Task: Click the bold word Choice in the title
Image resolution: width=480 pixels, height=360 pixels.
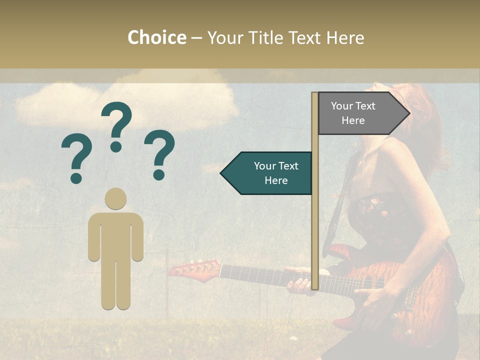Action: pos(156,37)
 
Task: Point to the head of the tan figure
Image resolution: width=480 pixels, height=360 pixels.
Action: pos(115,199)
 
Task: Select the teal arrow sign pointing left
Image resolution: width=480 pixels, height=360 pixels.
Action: pos(267,173)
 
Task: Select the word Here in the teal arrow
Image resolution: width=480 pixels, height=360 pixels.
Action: pos(276,180)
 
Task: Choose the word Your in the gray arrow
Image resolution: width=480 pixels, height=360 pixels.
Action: pos(342,105)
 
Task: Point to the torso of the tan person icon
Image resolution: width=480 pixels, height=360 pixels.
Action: pos(115,235)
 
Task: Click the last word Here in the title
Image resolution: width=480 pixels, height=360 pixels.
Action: pos(346,37)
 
